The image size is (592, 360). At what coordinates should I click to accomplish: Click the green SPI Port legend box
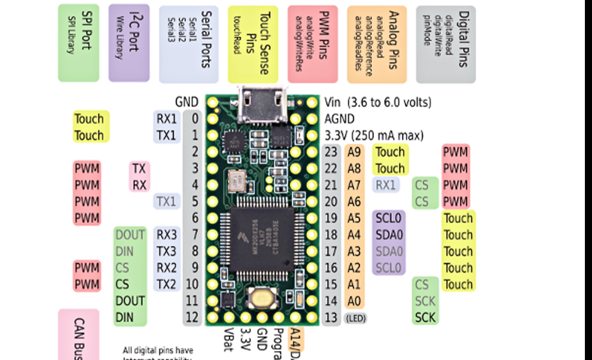point(79,43)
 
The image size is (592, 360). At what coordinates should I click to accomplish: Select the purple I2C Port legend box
point(129,43)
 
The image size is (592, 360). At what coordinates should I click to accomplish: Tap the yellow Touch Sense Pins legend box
point(253,44)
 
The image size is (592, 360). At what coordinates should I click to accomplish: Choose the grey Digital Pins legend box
point(446,44)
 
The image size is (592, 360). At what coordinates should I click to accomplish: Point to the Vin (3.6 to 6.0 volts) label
point(378,102)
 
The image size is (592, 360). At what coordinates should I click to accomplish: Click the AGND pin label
point(339,119)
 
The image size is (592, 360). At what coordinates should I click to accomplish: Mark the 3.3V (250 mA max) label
point(374,135)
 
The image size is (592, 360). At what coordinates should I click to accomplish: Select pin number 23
point(331,152)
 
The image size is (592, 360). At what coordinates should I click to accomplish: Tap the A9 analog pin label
point(354,152)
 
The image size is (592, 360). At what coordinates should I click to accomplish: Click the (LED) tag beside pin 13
point(355,318)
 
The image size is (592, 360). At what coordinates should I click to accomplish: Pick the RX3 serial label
point(167,235)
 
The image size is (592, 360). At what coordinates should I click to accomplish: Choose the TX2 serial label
point(167,284)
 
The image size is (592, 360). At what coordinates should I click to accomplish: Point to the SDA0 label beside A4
point(389,235)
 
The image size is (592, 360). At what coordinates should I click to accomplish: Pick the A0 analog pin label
point(354,301)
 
